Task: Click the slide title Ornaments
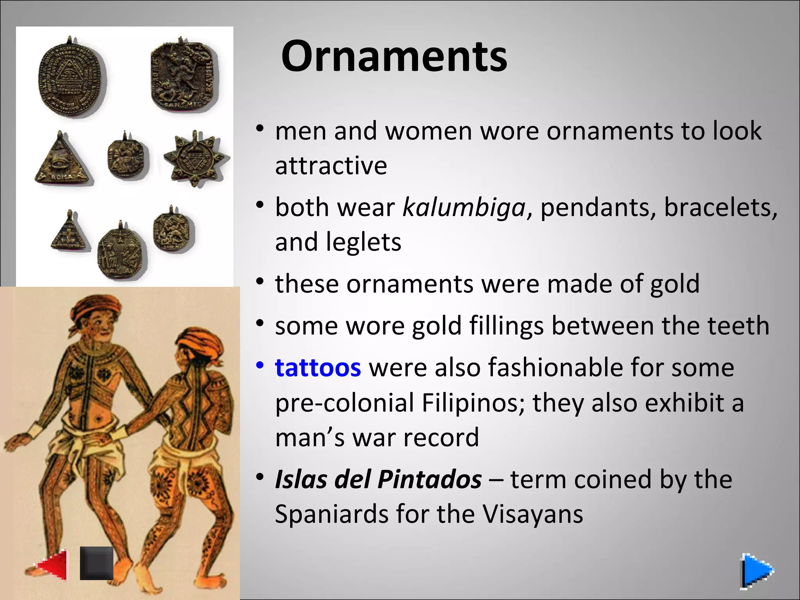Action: pos(394,56)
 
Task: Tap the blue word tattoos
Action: pos(318,368)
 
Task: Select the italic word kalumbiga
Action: pos(464,207)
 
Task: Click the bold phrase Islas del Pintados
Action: pos(378,479)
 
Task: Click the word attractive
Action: pos(331,166)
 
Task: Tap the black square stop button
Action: pos(96,563)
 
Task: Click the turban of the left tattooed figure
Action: pos(96,307)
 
